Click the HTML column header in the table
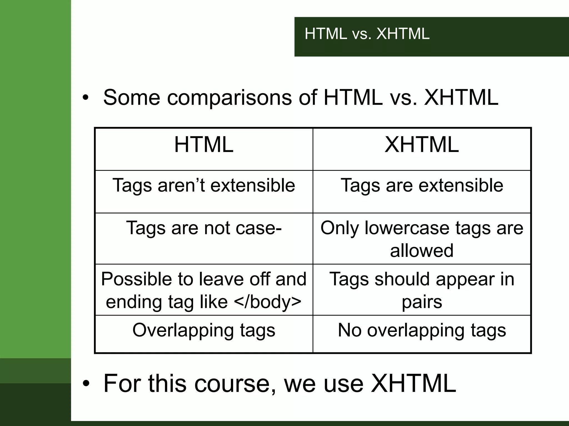click(x=204, y=145)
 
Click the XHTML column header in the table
click(x=421, y=145)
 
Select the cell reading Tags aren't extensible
click(x=204, y=185)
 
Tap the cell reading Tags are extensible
click(x=421, y=185)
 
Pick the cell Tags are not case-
click(x=204, y=228)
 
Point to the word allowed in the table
click(x=421, y=251)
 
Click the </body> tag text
click(x=268, y=302)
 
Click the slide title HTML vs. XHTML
click(x=367, y=34)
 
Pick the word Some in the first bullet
click(x=131, y=98)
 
